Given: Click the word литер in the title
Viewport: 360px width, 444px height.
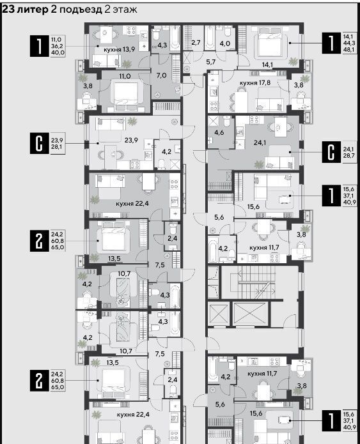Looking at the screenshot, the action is pos(33,10).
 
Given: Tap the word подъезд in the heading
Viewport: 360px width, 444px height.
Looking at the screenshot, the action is pos(81,10).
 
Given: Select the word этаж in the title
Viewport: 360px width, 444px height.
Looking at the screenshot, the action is pos(125,10).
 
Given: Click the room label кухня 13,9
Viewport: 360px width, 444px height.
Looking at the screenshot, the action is pos(119,49).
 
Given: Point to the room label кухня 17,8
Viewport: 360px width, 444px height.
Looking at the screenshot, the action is pos(255,82).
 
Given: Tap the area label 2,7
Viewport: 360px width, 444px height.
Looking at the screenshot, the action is pos(196,43).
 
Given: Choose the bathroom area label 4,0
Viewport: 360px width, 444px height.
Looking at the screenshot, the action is pos(225,43).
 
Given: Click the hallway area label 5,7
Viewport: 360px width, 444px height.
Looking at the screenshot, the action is pos(211,62).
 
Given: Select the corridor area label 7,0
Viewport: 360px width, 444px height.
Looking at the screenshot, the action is pos(161,75).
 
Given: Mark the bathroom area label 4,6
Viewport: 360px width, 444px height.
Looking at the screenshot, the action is pos(220,132).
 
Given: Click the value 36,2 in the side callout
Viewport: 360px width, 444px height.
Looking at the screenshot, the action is pos(58,46).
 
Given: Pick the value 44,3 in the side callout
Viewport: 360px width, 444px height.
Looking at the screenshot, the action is pos(349,43).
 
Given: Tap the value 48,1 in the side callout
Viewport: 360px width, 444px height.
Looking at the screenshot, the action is pos(349,50).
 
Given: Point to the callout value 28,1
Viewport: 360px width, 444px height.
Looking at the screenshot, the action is pos(57,147).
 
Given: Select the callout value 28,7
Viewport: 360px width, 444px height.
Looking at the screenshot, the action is pos(349,155).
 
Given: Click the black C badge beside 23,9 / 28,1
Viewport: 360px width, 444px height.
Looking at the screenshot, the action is pos(40,144).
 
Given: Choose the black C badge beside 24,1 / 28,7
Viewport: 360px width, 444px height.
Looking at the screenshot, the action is pos(331,152).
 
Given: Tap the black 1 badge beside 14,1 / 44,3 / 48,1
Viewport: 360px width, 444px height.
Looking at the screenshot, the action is pos(331,43).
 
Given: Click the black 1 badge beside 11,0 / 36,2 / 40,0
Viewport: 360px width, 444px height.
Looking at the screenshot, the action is pos(40,46).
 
